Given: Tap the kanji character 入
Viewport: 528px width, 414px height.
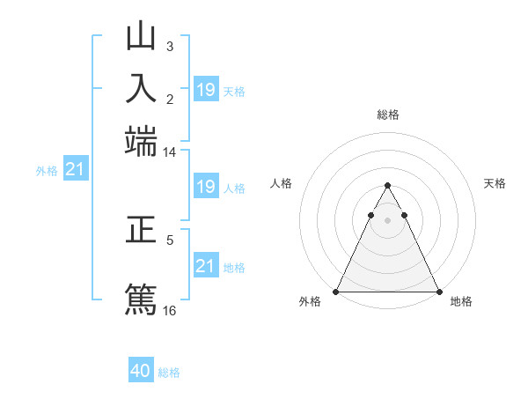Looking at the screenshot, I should coord(141,89).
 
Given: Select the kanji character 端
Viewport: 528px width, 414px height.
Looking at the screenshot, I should coord(141,141).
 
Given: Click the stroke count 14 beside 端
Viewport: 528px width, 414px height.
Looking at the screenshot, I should coord(169,152).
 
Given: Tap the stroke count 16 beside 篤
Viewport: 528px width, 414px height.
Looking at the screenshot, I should coord(170,310).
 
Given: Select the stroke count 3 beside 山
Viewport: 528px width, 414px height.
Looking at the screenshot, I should coord(169,46).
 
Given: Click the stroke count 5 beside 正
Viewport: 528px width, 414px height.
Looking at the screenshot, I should coord(170,239).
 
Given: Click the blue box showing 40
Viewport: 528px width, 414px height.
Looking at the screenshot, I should coord(141,371).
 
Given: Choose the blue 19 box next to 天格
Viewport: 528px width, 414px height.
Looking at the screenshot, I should coord(205,90).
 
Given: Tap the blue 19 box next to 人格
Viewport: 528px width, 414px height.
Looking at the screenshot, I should coord(205,187).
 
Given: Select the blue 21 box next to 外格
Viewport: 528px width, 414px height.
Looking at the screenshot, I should coord(75,169).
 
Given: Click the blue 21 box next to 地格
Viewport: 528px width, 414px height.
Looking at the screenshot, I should coord(205,265).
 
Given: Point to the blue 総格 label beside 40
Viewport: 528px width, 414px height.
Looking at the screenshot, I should coord(169,373).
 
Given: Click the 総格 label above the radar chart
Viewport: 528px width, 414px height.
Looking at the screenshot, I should coord(387,115).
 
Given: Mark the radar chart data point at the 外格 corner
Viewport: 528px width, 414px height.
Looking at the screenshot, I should coord(337,292).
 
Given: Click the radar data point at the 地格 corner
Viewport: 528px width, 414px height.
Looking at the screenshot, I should coord(438,292).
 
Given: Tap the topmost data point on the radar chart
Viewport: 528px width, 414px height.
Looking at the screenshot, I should coord(387,186).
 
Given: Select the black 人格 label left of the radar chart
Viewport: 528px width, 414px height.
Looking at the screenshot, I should coord(282,183).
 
